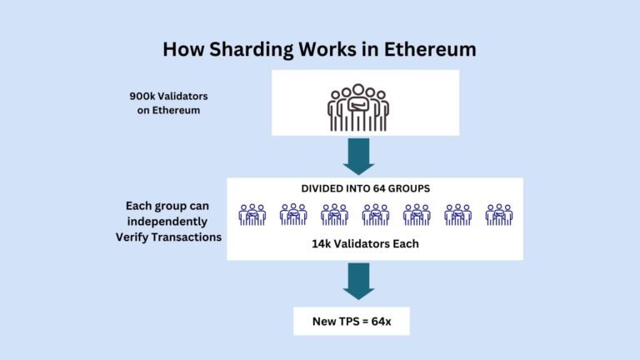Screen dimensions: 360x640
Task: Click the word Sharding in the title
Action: coord(249,49)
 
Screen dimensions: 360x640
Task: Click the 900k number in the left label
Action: coord(141,96)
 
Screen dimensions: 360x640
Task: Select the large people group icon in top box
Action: coord(357,107)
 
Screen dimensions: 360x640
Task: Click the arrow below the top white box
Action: coord(359,156)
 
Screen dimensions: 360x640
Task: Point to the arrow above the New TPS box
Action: coord(359,281)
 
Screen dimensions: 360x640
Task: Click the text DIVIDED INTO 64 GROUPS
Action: coord(365,189)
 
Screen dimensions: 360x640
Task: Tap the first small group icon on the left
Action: coord(252,214)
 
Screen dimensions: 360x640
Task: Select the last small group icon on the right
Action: coord(499,214)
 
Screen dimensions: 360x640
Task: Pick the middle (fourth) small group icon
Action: coord(375,214)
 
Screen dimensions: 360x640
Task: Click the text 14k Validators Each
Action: coord(366,245)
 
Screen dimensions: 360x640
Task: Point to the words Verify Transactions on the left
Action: coord(169,237)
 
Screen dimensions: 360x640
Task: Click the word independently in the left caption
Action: coord(170,222)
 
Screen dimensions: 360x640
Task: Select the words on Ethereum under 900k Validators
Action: coord(168,110)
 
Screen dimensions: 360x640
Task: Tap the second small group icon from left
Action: coord(293,214)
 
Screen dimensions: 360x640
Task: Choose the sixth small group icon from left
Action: coord(457,214)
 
